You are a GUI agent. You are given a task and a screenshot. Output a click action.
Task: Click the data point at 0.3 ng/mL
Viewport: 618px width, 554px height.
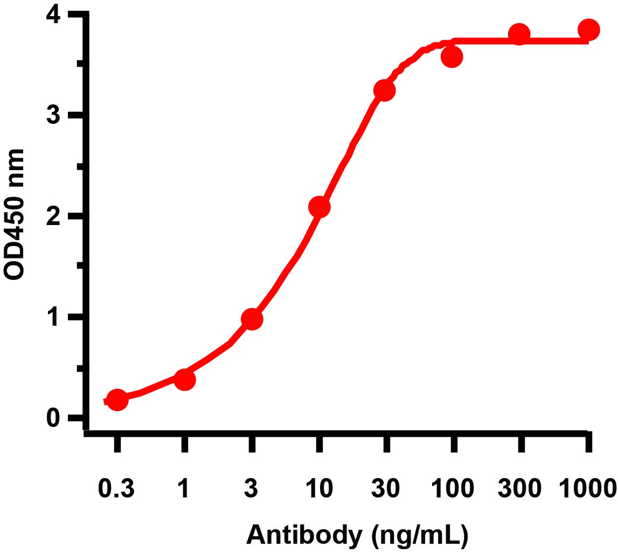coord(117,400)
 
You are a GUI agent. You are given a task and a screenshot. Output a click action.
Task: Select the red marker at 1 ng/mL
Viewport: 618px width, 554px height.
coord(184,380)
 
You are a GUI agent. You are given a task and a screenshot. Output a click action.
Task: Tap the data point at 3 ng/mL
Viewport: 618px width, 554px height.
coord(252,319)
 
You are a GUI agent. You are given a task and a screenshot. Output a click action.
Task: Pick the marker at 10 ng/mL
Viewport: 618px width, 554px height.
coord(319,207)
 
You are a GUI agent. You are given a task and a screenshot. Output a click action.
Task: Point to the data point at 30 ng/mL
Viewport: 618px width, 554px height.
coord(385,90)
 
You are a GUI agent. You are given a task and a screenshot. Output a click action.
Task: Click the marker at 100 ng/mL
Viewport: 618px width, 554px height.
coord(452,57)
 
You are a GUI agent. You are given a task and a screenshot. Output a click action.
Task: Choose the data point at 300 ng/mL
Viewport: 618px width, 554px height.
coord(519,34)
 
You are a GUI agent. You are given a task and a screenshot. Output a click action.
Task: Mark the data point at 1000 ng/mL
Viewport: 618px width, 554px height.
coord(588,30)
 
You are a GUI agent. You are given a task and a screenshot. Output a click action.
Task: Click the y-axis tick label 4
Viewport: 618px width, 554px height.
coord(54,16)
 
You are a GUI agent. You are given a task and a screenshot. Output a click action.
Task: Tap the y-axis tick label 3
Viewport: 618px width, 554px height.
coord(54,116)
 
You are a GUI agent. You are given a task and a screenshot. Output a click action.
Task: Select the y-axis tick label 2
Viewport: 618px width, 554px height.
coord(54,216)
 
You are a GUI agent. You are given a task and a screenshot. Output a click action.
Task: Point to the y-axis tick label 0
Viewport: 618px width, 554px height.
coord(54,418)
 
